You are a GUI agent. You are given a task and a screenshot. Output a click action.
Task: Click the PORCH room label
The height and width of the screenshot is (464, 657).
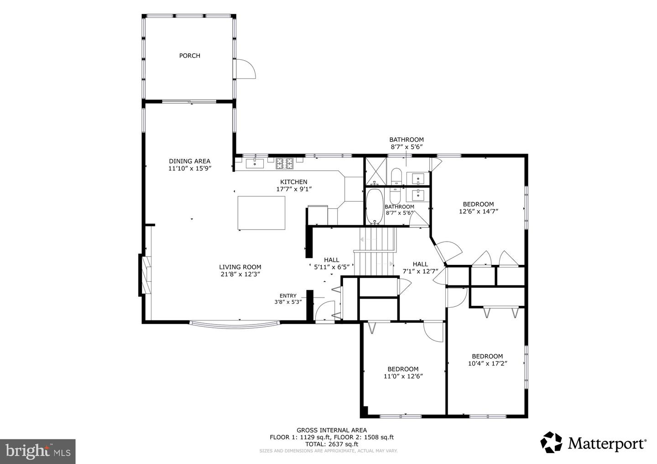189,56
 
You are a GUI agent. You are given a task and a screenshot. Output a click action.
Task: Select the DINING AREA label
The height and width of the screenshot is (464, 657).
189,161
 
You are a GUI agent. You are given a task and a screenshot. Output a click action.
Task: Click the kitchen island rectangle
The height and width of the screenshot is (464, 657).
261,213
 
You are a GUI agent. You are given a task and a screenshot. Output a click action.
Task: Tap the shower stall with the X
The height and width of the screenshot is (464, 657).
375,171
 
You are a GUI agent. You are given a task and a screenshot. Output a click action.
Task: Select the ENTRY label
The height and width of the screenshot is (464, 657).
288,295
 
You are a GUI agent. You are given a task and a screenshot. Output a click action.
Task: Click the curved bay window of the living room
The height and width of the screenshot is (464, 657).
235,325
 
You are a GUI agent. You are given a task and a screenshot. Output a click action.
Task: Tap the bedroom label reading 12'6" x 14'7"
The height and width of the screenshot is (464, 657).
478,211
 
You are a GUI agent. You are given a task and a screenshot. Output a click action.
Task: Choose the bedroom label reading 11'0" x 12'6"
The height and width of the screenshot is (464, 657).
403,376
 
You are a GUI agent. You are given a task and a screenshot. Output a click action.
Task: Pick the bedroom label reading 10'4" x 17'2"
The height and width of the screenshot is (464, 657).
487,363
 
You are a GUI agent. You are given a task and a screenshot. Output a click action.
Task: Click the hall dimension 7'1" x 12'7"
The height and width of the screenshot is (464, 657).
420,271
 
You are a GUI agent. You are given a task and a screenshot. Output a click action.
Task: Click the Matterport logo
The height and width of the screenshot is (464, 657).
593,443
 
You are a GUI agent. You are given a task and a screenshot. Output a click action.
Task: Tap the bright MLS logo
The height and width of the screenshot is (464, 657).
37,451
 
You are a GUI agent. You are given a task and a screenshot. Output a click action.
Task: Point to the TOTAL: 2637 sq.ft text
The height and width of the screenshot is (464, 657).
331,444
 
